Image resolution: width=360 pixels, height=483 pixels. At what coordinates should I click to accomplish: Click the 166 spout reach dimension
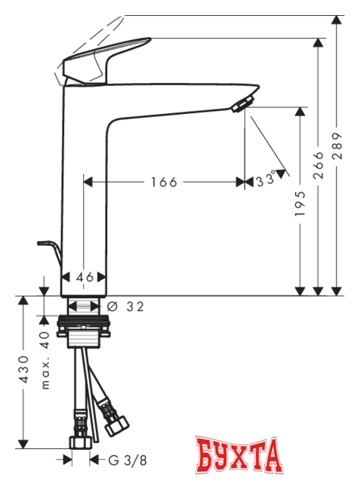point(163,182)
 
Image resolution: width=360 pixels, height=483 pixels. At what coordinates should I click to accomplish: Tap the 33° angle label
point(265,182)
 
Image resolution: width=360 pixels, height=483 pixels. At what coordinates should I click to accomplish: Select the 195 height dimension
point(300,203)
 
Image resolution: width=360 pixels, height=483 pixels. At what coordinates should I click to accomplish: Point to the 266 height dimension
point(318,164)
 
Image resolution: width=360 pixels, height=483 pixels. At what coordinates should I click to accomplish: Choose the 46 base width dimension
point(85,277)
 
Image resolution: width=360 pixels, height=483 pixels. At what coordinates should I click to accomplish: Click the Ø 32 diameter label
point(125,306)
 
